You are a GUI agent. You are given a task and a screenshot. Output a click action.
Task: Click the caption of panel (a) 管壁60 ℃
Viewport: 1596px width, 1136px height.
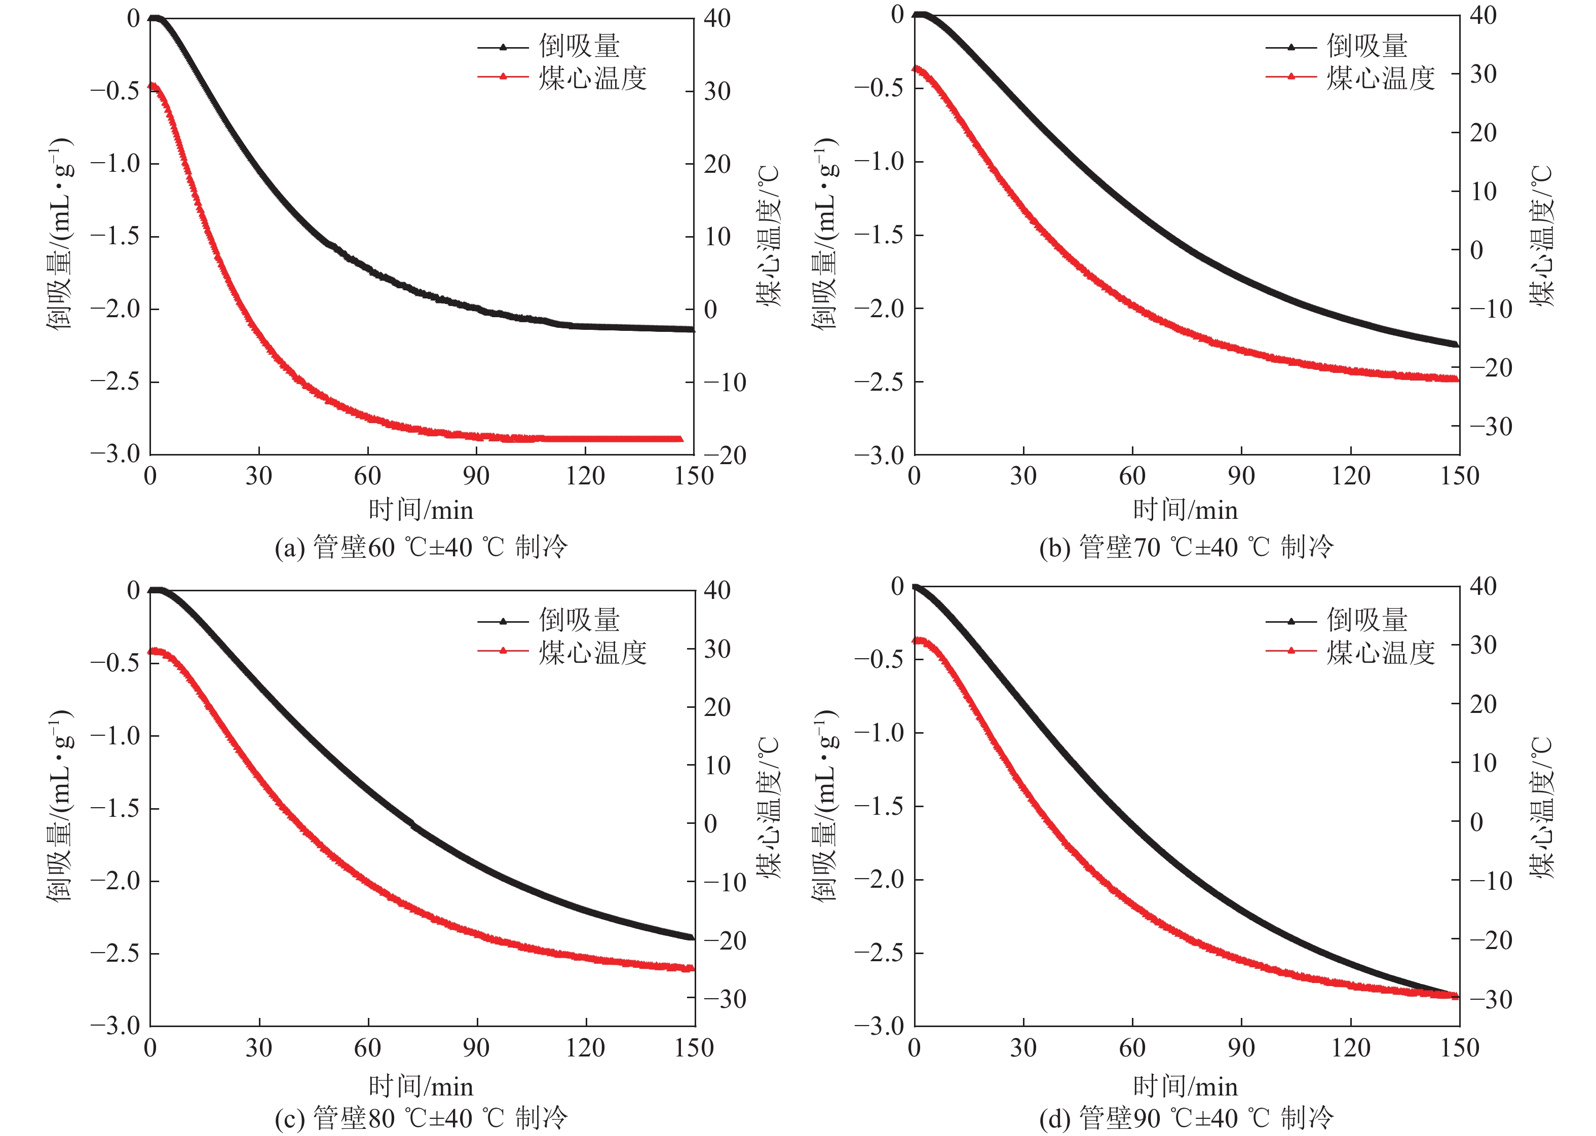click(421, 547)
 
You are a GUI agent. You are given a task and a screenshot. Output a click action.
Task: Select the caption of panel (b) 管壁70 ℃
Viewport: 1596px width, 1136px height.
click(1186, 547)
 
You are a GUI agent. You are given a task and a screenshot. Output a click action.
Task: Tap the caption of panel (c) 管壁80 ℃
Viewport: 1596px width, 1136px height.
click(421, 1118)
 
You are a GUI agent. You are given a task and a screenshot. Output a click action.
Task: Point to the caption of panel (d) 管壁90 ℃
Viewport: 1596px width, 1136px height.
click(1186, 1118)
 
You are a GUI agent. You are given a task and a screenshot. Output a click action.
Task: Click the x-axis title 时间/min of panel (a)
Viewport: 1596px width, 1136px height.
click(421, 510)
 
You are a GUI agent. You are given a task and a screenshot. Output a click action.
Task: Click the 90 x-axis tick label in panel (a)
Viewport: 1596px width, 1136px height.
click(476, 476)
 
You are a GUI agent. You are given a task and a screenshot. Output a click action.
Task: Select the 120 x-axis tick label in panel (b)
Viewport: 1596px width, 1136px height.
click(1350, 476)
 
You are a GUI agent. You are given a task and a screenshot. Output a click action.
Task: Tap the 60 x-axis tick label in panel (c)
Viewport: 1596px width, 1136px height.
click(367, 1048)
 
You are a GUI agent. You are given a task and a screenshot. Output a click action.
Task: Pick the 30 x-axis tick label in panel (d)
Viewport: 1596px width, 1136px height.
click(1022, 1048)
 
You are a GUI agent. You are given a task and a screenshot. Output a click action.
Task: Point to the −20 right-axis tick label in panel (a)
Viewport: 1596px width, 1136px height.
click(725, 456)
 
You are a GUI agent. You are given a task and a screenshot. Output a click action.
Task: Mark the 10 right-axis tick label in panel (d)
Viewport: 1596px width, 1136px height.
click(1484, 763)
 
